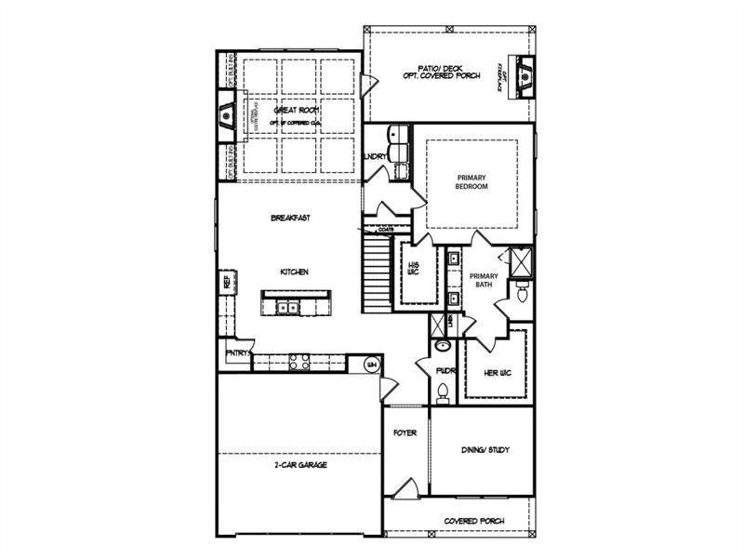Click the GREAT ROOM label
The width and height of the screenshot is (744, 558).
pos(292,110)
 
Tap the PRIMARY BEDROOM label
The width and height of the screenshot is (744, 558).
pos(472,181)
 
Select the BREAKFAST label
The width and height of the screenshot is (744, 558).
pos(289,218)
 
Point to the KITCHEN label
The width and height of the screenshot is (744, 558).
pos(294,272)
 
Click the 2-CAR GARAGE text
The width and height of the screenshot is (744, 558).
pos(300,464)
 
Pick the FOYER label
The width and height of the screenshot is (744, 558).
pos(405,433)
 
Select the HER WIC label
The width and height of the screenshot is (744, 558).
pos(499,373)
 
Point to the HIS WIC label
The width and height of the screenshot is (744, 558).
pos(415,268)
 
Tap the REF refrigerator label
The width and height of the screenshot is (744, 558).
pos(226,282)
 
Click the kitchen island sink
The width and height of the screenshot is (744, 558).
pos(288,306)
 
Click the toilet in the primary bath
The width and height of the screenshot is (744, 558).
pos(521,295)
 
